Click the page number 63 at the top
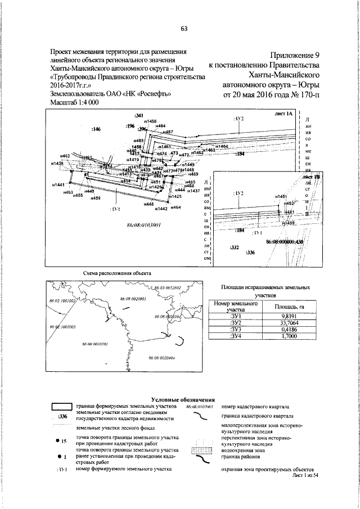click(x=183, y=30)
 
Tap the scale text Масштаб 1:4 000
click(x=75, y=102)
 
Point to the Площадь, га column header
click(x=286, y=307)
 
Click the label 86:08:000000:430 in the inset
click(x=284, y=242)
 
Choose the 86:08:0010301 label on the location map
click(x=94, y=344)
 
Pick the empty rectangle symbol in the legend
click(x=62, y=406)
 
